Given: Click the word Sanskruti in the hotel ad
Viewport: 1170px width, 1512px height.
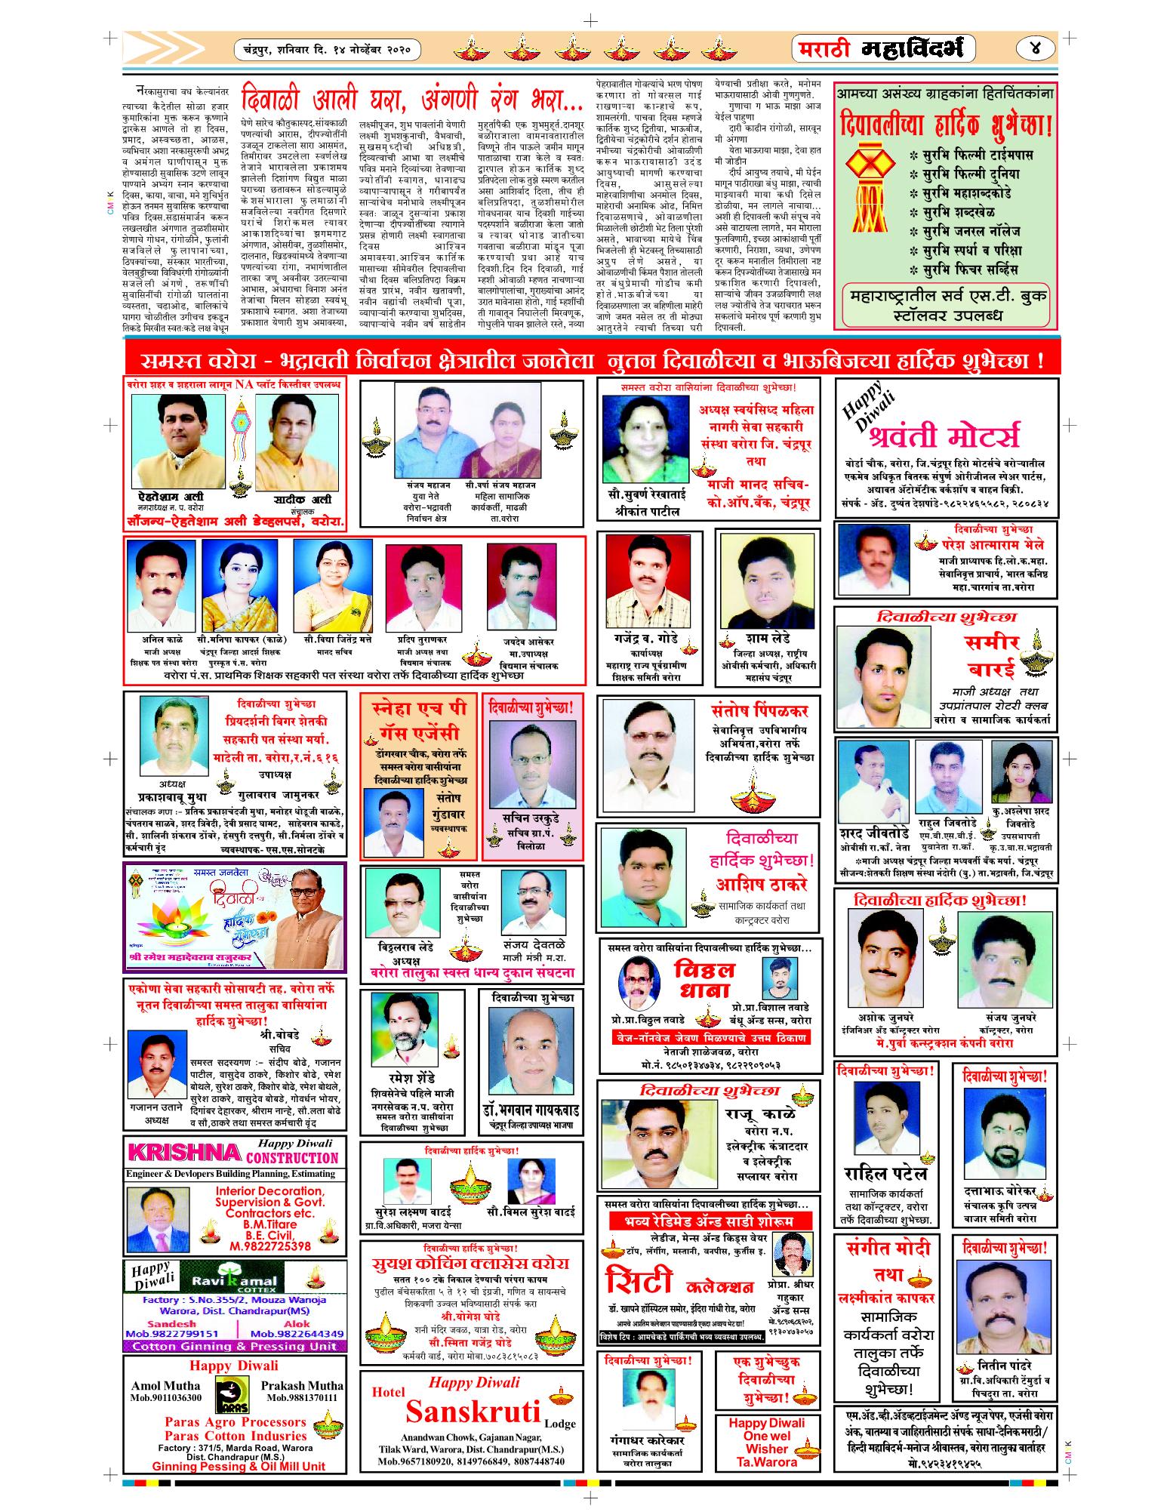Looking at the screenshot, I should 474,1410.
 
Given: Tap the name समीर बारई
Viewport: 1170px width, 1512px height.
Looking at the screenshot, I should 991,656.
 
